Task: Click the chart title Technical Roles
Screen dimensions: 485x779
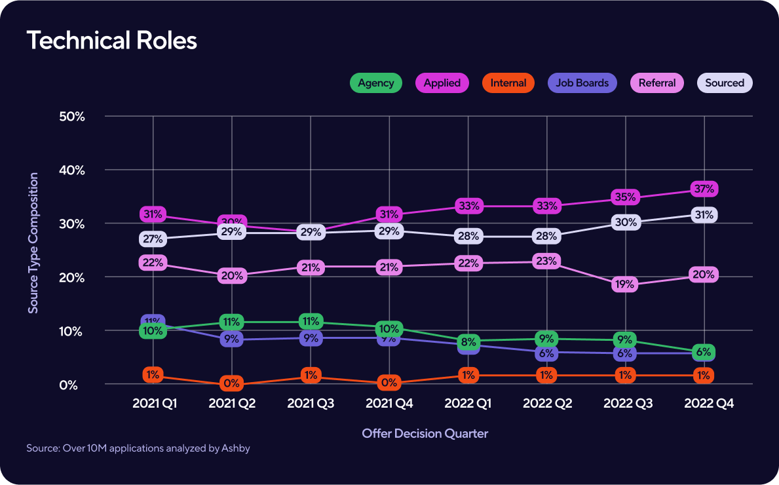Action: (x=112, y=41)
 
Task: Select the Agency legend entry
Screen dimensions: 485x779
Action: (x=375, y=83)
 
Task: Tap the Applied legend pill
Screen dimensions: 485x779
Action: (x=442, y=83)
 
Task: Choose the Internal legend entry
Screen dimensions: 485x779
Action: (x=508, y=83)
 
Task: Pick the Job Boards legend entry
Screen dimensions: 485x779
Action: (x=582, y=83)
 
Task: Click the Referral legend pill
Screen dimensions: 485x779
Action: (x=657, y=83)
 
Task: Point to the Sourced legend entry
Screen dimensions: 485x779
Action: (x=725, y=83)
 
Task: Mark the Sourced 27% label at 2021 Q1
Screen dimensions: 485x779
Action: (x=152, y=239)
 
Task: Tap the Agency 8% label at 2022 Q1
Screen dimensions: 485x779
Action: (x=468, y=342)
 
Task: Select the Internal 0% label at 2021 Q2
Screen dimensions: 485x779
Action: (x=231, y=383)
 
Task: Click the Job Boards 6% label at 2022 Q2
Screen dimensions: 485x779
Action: (x=546, y=353)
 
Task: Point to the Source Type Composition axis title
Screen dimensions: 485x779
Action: (x=33, y=242)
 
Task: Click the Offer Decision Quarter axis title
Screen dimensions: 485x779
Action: (x=425, y=433)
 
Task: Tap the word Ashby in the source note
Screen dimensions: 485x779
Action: (x=236, y=449)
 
